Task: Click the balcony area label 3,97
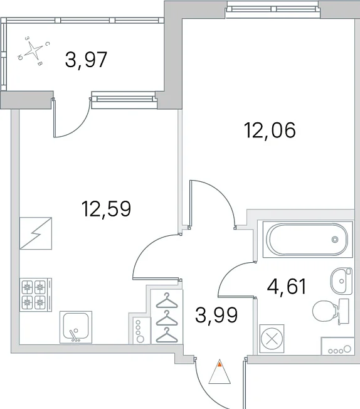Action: [x=86, y=60]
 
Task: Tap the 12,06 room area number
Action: [x=270, y=130]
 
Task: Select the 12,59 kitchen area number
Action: [x=106, y=209]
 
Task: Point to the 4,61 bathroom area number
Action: [x=286, y=287]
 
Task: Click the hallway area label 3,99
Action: [x=216, y=314]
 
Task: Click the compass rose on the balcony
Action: [x=33, y=50]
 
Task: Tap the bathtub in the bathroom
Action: [x=308, y=240]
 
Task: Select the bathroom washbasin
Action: [x=341, y=280]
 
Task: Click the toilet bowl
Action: [x=331, y=311]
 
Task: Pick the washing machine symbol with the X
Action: [x=272, y=339]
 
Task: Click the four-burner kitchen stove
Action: [x=36, y=294]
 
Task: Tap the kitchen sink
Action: [x=76, y=327]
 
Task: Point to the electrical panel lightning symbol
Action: [x=36, y=233]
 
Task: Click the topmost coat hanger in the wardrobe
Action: [x=167, y=300]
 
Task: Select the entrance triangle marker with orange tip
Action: [x=220, y=372]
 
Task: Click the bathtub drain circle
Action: [x=335, y=239]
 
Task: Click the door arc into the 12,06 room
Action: [x=220, y=196]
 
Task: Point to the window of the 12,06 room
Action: [x=273, y=9]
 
